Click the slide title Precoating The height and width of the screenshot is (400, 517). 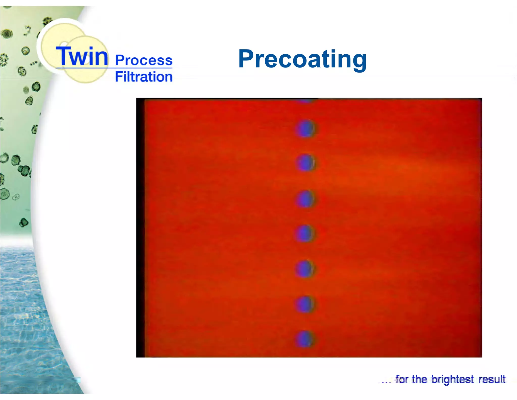click(x=302, y=60)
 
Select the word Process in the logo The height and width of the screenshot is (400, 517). click(x=144, y=60)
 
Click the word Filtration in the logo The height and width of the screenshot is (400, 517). click(x=144, y=77)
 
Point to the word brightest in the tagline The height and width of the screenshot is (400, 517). click(x=452, y=380)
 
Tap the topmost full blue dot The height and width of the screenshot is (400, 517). click(x=305, y=129)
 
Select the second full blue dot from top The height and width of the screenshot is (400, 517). click(x=305, y=163)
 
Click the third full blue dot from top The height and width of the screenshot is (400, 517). click(x=305, y=199)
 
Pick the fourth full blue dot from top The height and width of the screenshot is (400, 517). click(x=305, y=233)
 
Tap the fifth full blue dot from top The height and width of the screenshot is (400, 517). click(x=305, y=269)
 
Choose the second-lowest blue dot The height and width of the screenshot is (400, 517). click(x=305, y=304)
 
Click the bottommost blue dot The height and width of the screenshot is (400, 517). click(x=305, y=339)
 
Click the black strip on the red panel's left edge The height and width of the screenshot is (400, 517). click(x=140, y=228)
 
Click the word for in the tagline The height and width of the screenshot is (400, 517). click(x=402, y=380)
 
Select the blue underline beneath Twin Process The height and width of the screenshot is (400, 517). click(x=114, y=68)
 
